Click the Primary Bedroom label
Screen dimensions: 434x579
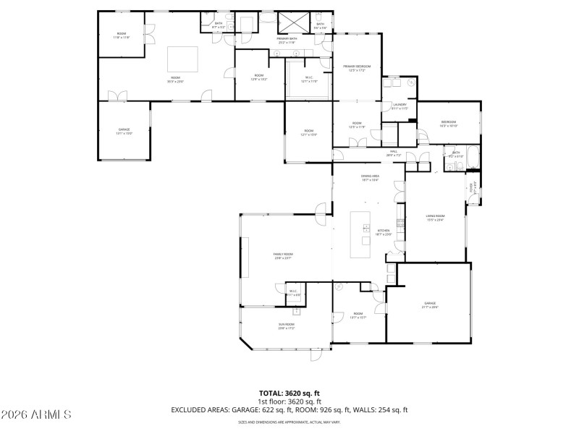pos(357,67)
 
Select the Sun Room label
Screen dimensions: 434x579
pos(287,326)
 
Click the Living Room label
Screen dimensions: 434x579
pos(434,218)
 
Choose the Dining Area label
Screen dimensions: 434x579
pos(371,178)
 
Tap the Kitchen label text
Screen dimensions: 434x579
pos(384,231)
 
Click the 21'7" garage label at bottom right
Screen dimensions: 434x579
pos(431,305)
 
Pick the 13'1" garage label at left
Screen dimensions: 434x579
pos(124,131)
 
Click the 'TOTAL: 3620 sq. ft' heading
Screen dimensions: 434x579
pos(289,393)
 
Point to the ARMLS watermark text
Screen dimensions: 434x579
pos(36,414)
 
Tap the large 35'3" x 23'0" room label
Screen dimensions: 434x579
pos(175,80)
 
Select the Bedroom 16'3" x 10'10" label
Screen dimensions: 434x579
pos(449,124)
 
